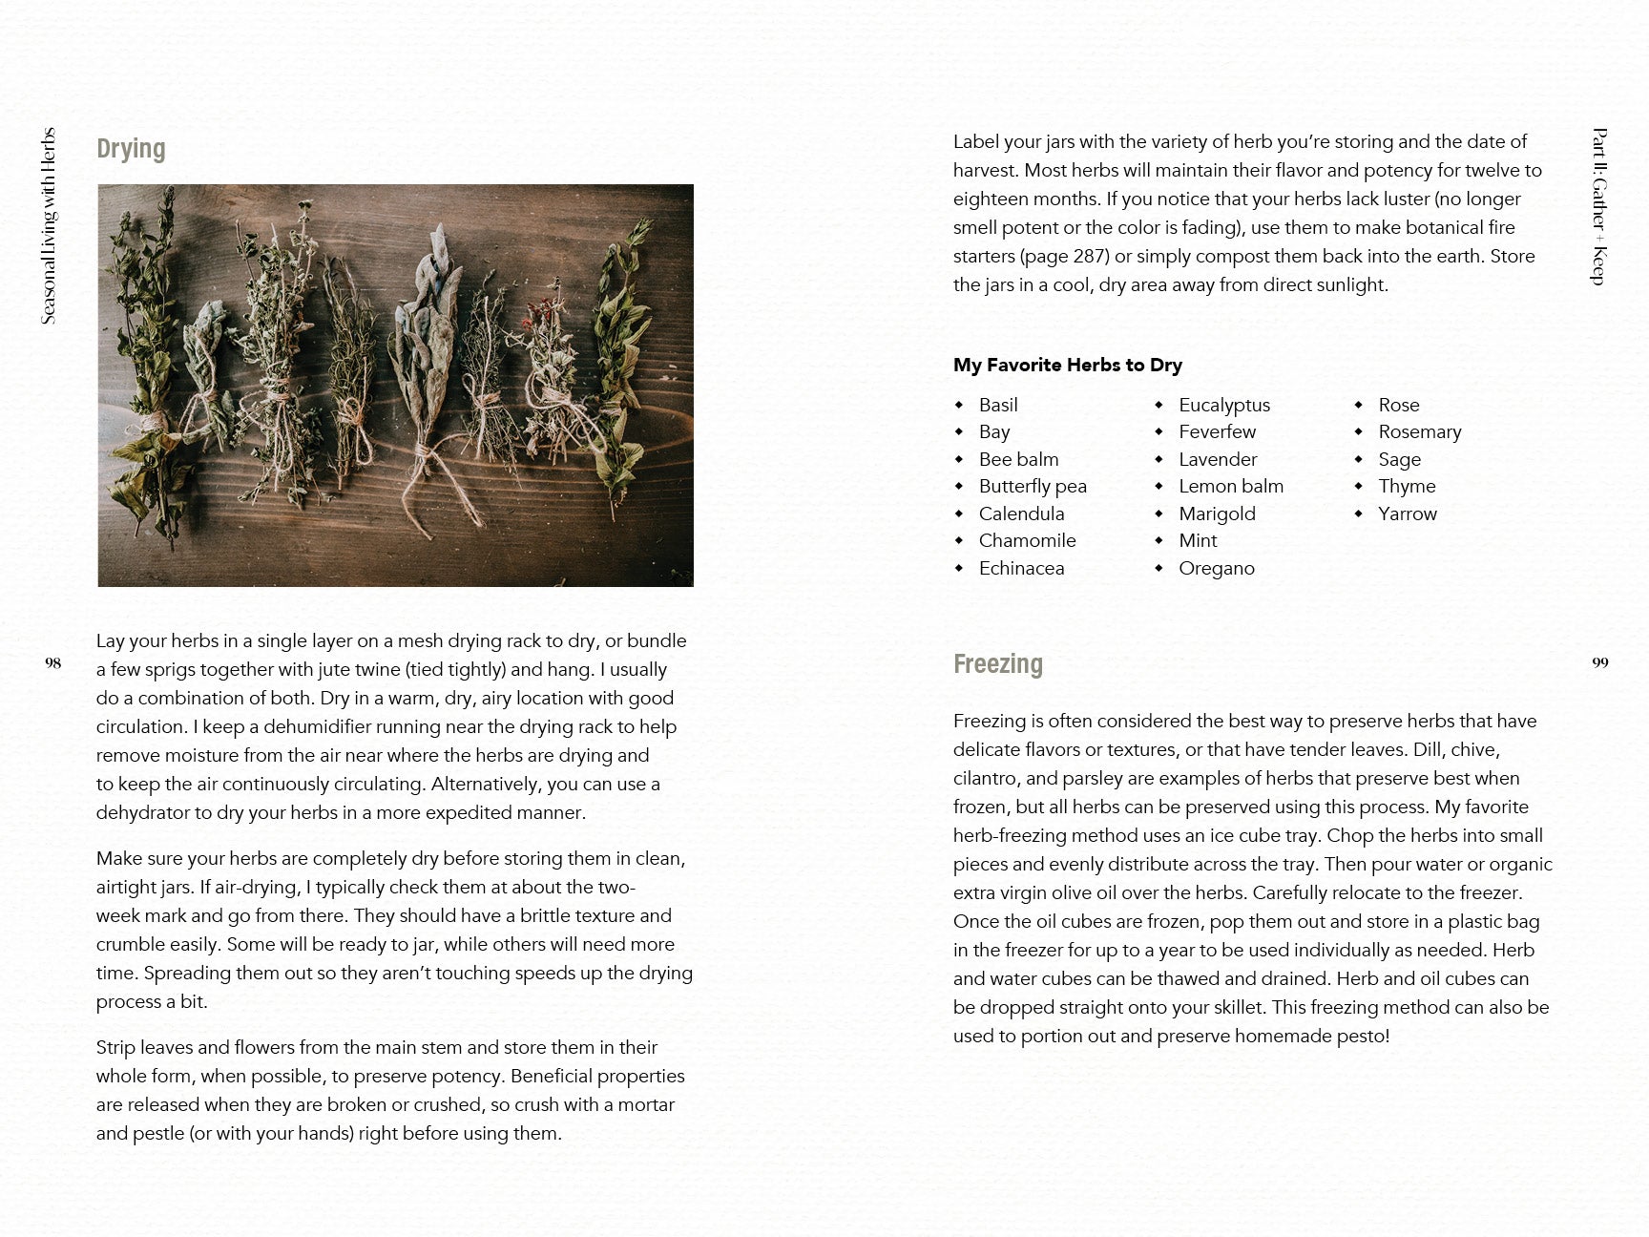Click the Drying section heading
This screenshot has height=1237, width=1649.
coord(131,149)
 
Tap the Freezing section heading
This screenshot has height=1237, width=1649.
coord(997,663)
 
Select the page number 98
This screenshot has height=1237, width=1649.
coord(53,662)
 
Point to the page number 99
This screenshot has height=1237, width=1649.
coord(1600,662)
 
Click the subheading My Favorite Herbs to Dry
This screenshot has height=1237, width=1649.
coord(1067,365)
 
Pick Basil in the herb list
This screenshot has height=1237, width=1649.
coord(998,405)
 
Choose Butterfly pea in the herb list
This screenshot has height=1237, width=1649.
coord(1033,486)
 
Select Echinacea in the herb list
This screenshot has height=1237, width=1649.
coord(1021,568)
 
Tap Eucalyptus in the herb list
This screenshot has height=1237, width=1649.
coord(1224,405)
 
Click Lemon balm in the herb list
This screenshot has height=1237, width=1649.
coord(1231,486)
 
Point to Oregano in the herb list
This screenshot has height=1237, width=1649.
coord(1217,568)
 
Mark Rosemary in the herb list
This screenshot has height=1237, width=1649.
coord(1419,431)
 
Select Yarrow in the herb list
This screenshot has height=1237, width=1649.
coord(1407,514)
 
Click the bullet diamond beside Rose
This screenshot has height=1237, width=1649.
coord(1358,405)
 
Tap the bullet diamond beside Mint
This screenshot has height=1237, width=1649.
coord(1158,540)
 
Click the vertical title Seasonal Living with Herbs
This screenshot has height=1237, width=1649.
coord(49,226)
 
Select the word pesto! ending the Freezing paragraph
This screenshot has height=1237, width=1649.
coord(1363,1036)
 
